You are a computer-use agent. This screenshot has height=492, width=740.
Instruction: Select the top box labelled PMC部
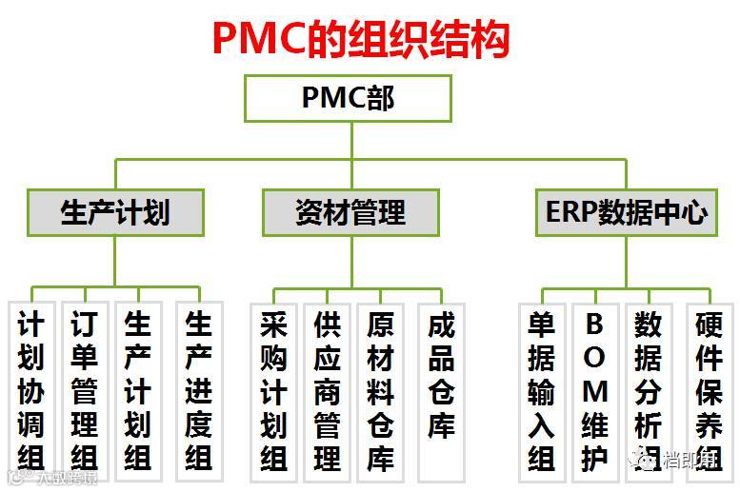(348, 98)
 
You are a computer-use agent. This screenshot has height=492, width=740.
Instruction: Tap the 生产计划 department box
(115, 212)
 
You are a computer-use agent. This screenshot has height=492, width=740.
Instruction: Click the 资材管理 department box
(350, 212)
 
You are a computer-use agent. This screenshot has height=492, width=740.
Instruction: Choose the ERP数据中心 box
(626, 212)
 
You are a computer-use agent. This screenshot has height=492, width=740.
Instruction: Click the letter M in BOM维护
(594, 391)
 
